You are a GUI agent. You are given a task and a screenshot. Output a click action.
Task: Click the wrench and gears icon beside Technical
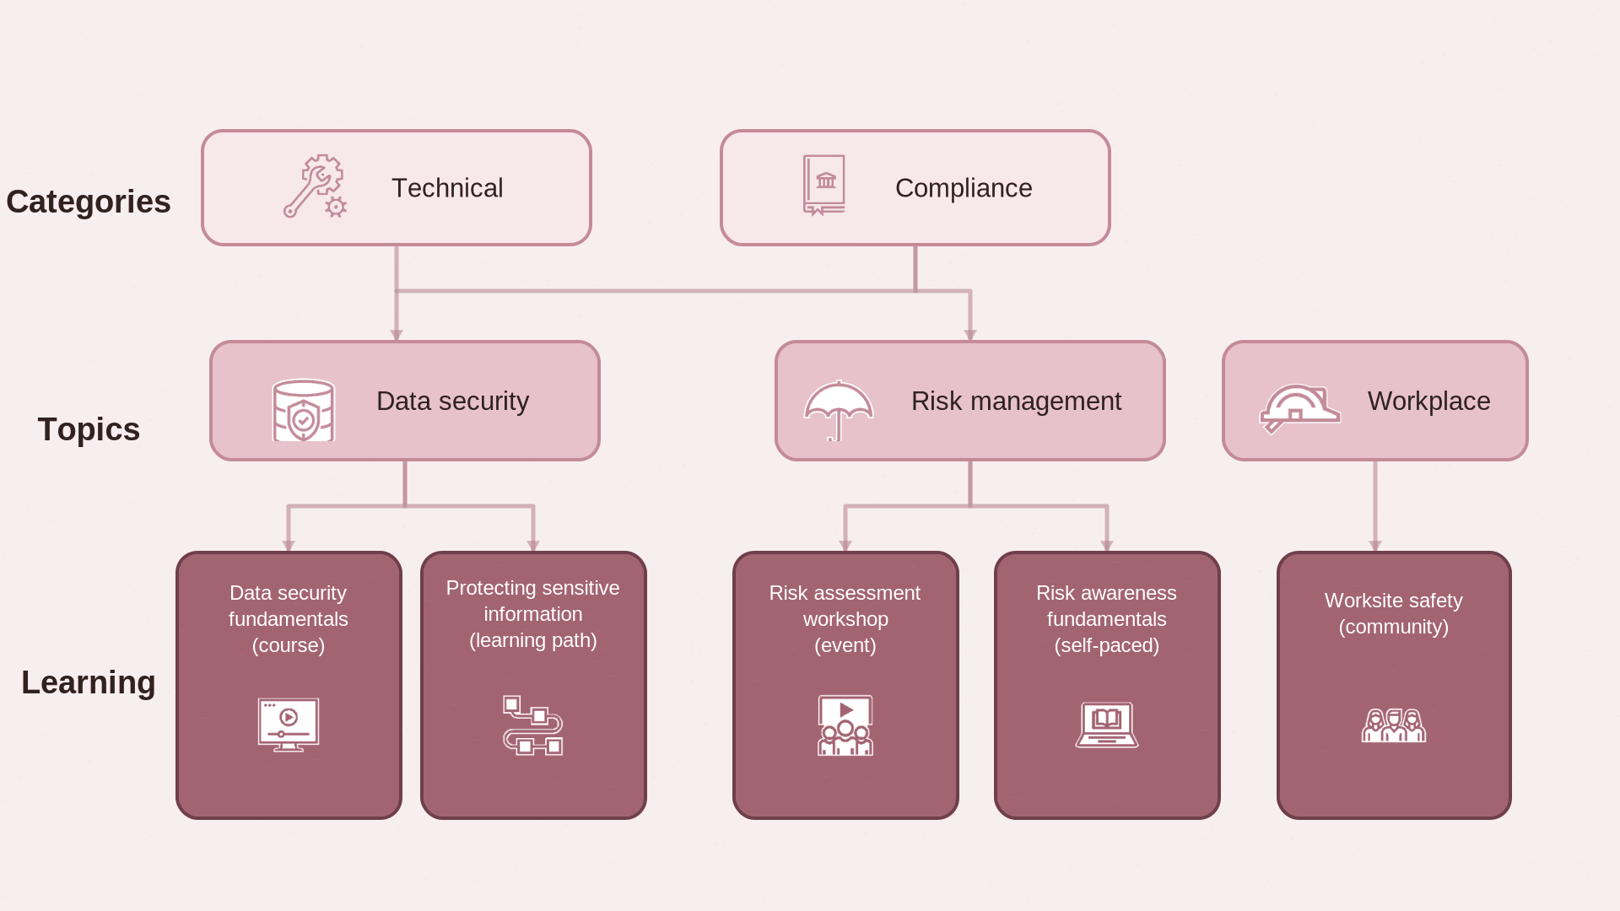tap(315, 186)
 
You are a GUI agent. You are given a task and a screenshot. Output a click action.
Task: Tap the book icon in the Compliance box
tap(824, 185)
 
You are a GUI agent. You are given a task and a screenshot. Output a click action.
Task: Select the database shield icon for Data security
tap(304, 410)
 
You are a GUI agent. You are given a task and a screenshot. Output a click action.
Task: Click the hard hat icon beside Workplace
tap(1299, 409)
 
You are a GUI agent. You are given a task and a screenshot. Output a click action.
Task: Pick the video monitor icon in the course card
tap(289, 725)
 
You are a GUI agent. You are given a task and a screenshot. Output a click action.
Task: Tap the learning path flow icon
tap(533, 725)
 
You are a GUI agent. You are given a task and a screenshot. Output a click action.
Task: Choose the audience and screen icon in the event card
tap(845, 725)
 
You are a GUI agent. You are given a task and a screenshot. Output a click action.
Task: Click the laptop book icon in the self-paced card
tap(1107, 725)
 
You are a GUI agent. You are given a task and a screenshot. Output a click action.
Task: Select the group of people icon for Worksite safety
tap(1394, 725)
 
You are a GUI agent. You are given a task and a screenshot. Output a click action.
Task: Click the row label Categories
tap(89, 202)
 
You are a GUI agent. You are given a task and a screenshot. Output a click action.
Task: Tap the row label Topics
tap(89, 429)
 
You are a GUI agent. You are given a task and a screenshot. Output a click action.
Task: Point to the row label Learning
tap(89, 682)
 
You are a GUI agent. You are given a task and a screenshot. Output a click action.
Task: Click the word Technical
tap(447, 188)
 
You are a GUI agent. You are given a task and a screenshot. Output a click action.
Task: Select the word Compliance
tap(964, 188)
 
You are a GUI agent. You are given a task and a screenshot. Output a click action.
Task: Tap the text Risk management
tap(1016, 401)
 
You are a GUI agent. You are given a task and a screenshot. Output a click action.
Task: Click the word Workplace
tap(1428, 401)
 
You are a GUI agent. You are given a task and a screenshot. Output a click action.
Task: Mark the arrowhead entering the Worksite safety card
tap(1375, 547)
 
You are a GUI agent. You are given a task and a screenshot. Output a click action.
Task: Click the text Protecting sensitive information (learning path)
tap(533, 614)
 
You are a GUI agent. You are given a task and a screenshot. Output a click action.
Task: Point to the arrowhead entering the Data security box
tap(397, 336)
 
